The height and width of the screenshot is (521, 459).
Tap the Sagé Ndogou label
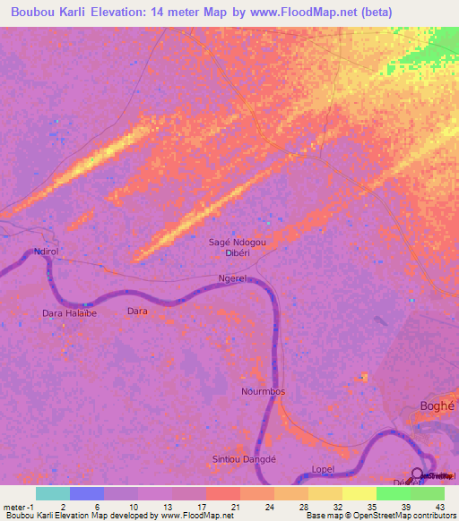(x=238, y=242)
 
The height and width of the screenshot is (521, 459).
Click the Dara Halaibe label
(x=69, y=313)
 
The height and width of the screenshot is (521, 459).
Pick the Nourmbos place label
(x=263, y=392)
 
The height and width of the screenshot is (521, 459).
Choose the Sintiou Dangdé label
(x=242, y=458)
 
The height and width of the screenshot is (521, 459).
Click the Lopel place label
(x=323, y=469)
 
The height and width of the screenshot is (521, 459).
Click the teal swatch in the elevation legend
(x=53, y=493)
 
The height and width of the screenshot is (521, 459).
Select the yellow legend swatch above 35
(x=359, y=493)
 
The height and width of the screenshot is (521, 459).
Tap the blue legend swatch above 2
(x=87, y=493)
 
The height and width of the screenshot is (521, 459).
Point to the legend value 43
(x=439, y=507)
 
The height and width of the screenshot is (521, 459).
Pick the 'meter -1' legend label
(x=18, y=507)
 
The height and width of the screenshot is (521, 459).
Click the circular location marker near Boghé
(x=418, y=474)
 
